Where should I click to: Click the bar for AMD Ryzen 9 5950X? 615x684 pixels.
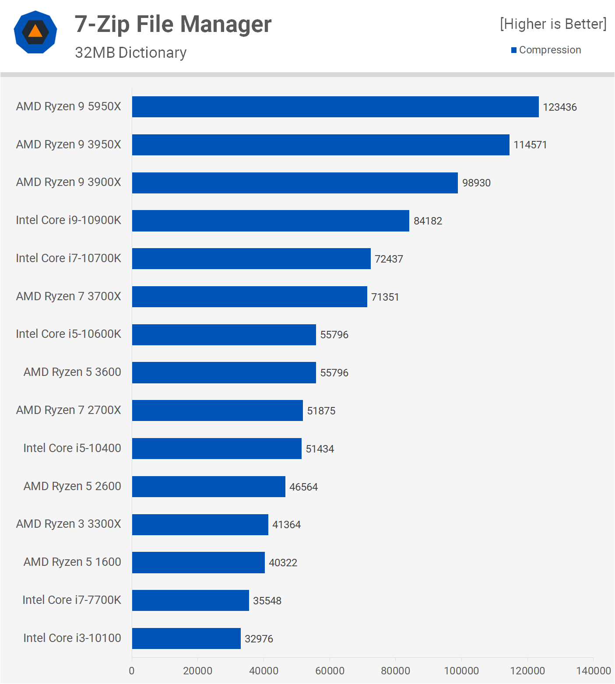pyautogui.click(x=335, y=107)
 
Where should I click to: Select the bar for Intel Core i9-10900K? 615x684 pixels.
pyautogui.click(x=271, y=221)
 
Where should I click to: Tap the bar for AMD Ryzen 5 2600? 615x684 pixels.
pyautogui.click(x=209, y=487)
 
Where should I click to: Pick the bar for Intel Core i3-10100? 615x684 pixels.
pyautogui.click(x=186, y=638)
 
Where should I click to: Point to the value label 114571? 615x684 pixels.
pyautogui.click(x=530, y=145)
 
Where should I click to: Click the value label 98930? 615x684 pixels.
pyautogui.click(x=476, y=183)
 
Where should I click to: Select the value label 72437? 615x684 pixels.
pyautogui.click(x=389, y=259)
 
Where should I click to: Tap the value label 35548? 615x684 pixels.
pyautogui.click(x=267, y=601)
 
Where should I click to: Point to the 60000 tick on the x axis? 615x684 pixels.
pyautogui.click(x=330, y=670)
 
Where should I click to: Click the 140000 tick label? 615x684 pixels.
pyautogui.click(x=593, y=670)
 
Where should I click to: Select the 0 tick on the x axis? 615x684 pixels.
pyautogui.click(x=132, y=670)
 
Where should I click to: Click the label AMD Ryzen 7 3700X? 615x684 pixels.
pyautogui.click(x=68, y=296)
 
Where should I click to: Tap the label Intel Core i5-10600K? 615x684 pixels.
pyautogui.click(x=68, y=334)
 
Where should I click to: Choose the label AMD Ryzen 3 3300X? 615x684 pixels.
pyautogui.click(x=68, y=524)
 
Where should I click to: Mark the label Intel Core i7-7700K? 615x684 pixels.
pyautogui.click(x=72, y=600)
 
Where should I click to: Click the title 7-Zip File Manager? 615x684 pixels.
pyautogui.click(x=173, y=24)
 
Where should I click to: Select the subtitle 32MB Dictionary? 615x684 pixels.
pyautogui.click(x=130, y=53)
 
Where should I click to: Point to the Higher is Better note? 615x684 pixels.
pyautogui.click(x=553, y=24)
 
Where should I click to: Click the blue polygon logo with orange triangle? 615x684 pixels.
pyautogui.click(x=35, y=32)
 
